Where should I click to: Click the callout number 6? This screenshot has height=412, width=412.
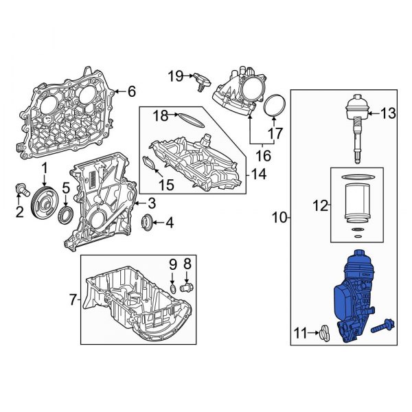(x=133, y=91)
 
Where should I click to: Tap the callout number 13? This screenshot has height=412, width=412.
(x=388, y=113)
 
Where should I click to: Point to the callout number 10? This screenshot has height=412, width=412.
(x=279, y=218)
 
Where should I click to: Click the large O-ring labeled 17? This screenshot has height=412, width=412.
(x=275, y=106)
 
